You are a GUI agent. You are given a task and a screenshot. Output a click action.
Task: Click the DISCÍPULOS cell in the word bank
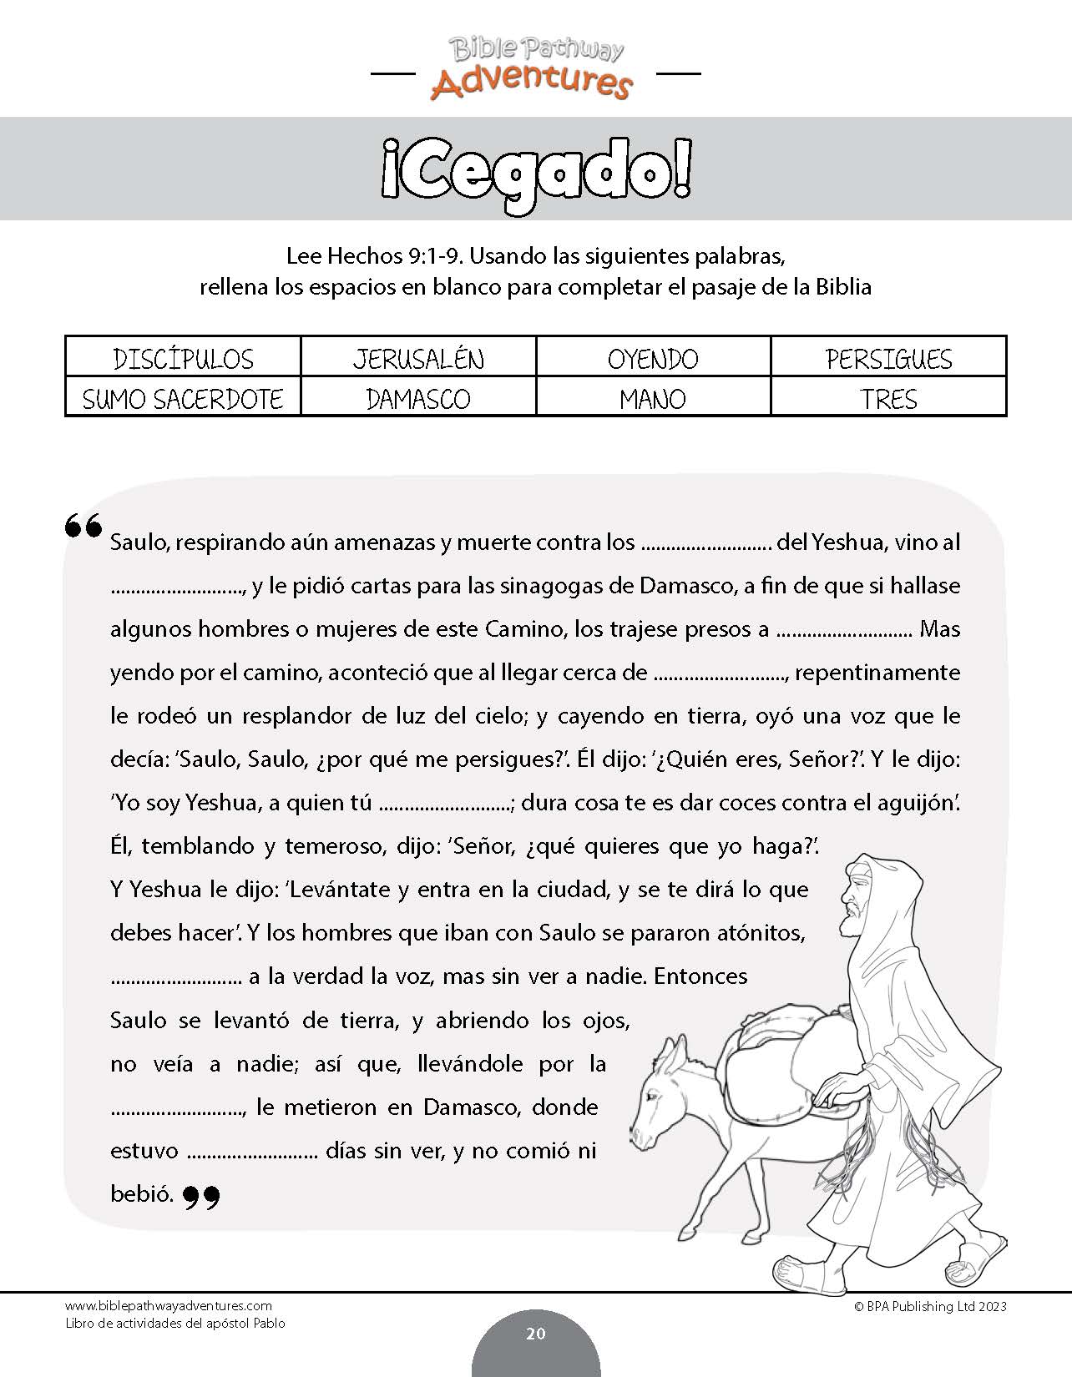click(x=183, y=358)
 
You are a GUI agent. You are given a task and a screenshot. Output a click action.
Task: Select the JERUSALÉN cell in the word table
click(x=418, y=358)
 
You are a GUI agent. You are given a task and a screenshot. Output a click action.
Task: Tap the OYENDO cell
click(x=653, y=358)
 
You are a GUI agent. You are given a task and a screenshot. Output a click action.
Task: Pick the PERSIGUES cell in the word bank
click(x=888, y=358)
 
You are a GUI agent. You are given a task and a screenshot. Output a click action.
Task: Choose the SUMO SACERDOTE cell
click(x=183, y=398)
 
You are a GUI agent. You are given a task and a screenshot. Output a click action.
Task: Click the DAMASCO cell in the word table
click(x=418, y=398)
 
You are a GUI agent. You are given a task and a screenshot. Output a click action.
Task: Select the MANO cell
click(x=653, y=398)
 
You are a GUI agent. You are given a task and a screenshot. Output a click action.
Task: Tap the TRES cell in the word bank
click(x=888, y=398)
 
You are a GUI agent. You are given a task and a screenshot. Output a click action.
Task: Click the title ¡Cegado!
click(x=536, y=170)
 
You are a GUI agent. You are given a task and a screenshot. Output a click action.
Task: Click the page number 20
click(x=536, y=1334)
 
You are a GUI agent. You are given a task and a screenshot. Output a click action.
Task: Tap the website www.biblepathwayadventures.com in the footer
click(x=168, y=1306)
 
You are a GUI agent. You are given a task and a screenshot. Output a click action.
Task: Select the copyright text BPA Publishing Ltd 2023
click(x=930, y=1306)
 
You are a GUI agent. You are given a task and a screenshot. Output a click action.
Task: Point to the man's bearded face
click(x=856, y=905)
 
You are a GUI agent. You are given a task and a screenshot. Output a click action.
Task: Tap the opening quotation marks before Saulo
click(x=83, y=526)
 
